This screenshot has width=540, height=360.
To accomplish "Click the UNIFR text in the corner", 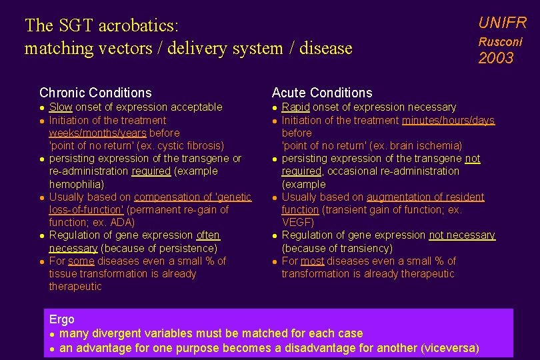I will pyautogui.click(x=502, y=23).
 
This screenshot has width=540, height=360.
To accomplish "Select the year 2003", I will pyautogui.click(x=496, y=59).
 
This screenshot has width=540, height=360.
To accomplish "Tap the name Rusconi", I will pyautogui.click(x=500, y=41).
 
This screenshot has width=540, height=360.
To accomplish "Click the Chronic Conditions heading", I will pyautogui.click(x=95, y=93).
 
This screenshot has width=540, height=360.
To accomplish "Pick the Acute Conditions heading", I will pyautogui.click(x=322, y=93).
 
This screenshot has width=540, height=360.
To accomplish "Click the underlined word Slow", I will pyautogui.click(x=61, y=107).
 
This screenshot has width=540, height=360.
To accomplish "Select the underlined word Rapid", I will pyautogui.click(x=295, y=107).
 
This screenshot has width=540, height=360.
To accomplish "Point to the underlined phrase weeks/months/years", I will pyautogui.click(x=97, y=133).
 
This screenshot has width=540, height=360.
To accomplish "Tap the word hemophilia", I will pyautogui.click(x=76, y=184).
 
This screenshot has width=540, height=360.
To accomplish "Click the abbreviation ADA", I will pyautogui.click(x=123, y=223).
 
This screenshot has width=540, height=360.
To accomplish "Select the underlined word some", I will pyautogui.click(x=82, y=261).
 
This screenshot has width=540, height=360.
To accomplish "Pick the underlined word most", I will pyautogui.click(x=312, y=261).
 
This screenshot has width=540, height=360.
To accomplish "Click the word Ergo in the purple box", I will pyautogui.click(x=62, y=320).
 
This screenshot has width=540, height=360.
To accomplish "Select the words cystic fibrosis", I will pyautogui.click(x=188, y=145).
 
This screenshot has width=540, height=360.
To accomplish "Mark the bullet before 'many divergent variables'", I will pyautogui.click(x=52, y=333).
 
